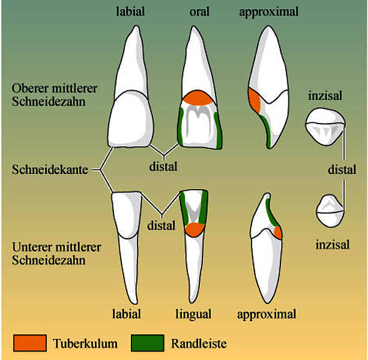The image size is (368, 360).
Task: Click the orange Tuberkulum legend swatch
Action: [x=30, y=343]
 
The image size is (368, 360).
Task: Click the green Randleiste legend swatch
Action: [x=148, y=343]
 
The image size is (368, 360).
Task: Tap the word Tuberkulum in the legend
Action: [x=85, y=344]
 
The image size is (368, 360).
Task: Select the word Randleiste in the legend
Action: [x=199, y=344]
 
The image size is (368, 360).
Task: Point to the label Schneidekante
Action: [x=50, y=169]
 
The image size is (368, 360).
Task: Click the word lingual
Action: [x=193, y=314]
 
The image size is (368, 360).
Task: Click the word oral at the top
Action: [x=199, y=12]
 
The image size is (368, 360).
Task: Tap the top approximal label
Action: [x=269, y=12]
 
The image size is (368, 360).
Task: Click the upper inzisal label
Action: [x=325, y=95]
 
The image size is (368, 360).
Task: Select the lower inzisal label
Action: [x=333, y=245]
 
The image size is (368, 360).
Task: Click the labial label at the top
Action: [x=130, y=11]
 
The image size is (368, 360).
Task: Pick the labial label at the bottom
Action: [x=127, y=314]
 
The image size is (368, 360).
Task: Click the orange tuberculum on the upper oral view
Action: [x=198, y=98]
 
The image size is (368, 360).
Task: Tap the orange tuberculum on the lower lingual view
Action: [x=195, y=229]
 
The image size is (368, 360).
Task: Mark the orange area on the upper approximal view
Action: [x=255, y=100]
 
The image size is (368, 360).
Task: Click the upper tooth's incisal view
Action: [x=325, y=126]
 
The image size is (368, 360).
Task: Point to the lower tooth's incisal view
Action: [x=330, y=211]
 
